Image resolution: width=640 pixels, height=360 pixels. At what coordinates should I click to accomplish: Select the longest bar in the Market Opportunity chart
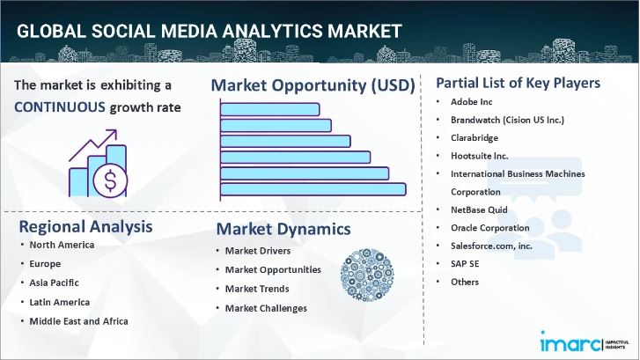[x=313, y=188]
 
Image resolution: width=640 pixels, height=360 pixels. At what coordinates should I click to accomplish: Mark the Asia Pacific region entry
[x=55, y=283]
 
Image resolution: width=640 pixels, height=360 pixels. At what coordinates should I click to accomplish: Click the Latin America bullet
[x=60, y=301]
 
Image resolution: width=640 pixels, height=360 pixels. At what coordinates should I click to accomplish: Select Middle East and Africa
[x=78, y=320]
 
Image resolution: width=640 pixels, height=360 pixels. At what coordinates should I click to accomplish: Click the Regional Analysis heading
[x=85, y=226]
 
